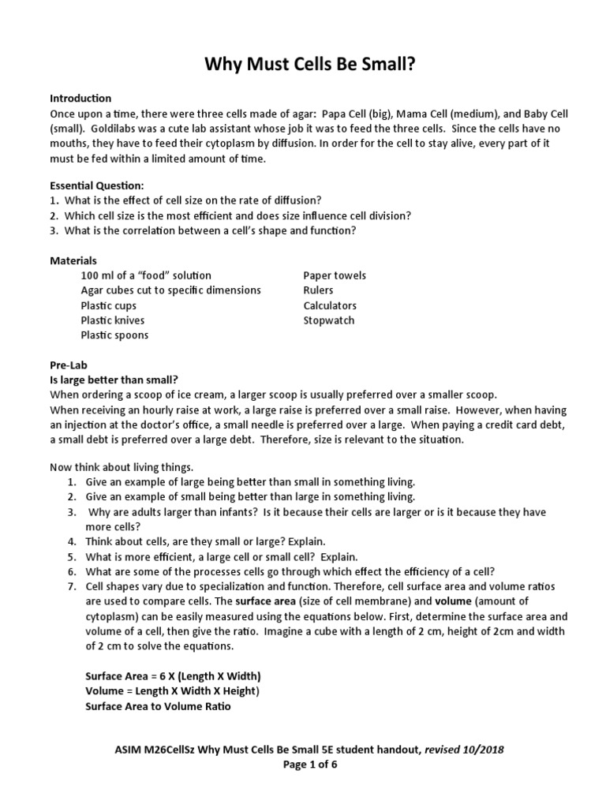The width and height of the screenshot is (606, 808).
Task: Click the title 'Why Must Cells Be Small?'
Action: tap(303, 63)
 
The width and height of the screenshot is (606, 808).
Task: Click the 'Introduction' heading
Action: tap(80, 99)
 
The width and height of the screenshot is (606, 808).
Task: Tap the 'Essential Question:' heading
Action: tap(97, 185)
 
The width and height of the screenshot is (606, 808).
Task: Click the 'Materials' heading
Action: tap(73, 260)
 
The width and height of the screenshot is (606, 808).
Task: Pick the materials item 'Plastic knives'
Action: tap(112, 320)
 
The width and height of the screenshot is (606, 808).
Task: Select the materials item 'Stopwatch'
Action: tap(329, 320)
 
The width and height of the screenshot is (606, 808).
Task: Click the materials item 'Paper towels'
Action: tap(335, 275)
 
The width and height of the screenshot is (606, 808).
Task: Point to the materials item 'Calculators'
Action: tap(330, 305)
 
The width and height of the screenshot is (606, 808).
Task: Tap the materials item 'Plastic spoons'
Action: tap(114, 335)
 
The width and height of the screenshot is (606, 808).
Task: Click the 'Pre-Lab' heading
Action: tap(69, 365)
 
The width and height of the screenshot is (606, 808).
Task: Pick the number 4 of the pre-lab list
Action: tap(70, 541)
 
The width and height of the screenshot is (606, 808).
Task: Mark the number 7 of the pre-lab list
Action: tap(70, 586)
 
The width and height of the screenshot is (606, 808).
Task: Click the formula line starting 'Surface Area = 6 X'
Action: tap(173, 677)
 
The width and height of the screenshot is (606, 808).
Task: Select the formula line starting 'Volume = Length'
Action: tap(172, 691)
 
